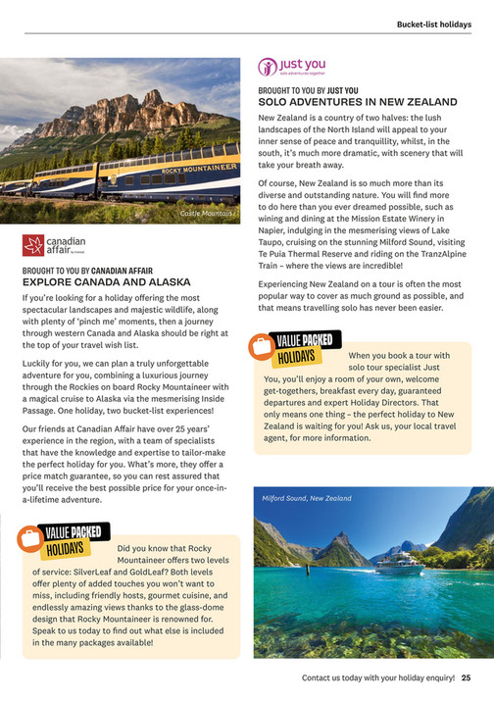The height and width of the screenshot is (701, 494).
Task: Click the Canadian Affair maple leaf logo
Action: click(x=33, y=244)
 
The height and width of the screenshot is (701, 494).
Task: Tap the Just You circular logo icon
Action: click(x=268, y=68)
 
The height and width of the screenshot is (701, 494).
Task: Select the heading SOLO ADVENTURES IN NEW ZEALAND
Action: click(x=358, y=101)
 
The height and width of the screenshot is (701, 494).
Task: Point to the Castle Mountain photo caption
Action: click(x=206, y=213)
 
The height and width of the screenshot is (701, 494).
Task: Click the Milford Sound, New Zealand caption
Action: click(x=306, y=498)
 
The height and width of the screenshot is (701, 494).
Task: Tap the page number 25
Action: click(x=467, y=676)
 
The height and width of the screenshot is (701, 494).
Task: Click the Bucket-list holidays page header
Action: click(x=433, y=25)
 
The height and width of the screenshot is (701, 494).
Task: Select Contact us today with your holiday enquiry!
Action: click(x=378, y=676)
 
